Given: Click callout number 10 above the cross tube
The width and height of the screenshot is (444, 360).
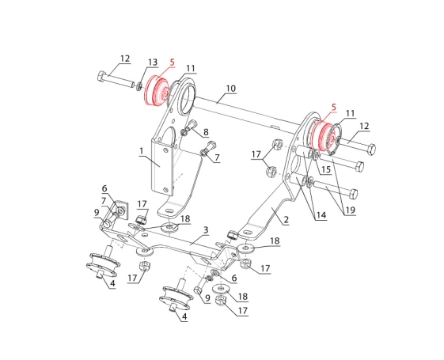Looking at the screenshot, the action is click(x=231, y=89).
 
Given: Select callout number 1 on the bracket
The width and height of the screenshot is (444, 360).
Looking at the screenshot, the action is click(x=141, y=151).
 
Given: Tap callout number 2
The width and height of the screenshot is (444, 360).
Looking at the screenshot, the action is click(x=286, y=220).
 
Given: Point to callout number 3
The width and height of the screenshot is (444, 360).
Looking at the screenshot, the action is click(x=206, y=230).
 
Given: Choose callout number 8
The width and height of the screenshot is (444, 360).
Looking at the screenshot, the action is click(x=206, y=132).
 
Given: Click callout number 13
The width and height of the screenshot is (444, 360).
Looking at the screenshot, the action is click(x=153, y=62).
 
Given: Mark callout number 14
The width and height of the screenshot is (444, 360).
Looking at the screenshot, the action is click(x=321, y=215).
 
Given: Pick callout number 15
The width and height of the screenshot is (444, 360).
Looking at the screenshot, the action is click(x=326, y=169).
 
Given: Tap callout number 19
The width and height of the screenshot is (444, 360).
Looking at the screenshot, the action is click(x=350, y=210).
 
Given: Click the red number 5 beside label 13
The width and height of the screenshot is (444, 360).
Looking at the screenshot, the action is click(x=173, y=63).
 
